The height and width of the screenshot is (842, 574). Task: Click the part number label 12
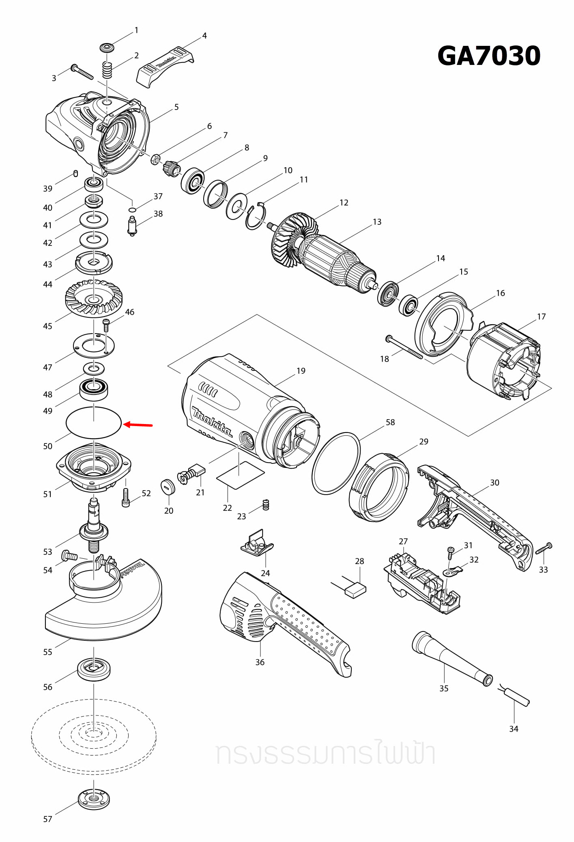[344, 202]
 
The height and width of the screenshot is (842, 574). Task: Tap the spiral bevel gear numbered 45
[94, 299]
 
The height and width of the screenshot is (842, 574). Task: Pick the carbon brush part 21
[193, 473]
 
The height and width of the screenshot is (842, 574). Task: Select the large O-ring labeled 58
[336, 463]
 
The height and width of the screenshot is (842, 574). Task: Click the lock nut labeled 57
[94, 799]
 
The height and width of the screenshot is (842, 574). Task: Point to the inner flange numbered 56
[94, 669]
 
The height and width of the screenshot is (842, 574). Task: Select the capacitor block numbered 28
[355, 590]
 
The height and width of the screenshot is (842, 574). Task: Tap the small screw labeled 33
[544, 549]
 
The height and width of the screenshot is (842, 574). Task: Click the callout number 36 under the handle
[260, 662]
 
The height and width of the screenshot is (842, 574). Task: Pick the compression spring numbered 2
[106, 71]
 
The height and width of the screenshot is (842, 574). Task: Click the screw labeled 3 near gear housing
[82, 72]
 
